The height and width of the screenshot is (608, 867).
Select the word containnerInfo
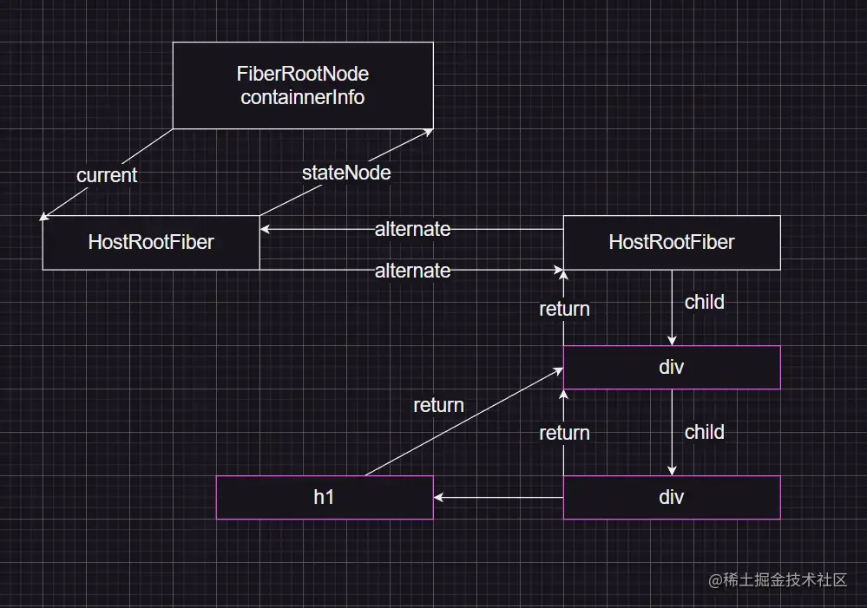coord(303,96)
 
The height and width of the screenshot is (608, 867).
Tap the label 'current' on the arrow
coord(107,175)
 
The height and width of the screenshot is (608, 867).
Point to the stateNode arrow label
coord(346,173)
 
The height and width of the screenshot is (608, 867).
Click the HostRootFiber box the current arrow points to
coord(151,242)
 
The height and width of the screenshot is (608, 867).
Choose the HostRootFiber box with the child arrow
coord(672,242)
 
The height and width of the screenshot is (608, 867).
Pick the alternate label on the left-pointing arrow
coord(412,230)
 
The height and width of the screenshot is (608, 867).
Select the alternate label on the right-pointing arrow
coord(412,271)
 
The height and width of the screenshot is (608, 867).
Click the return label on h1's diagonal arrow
coord(438,405)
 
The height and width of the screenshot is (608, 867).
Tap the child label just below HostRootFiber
coord(704,303)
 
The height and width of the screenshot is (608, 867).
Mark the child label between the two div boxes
coord(704,432)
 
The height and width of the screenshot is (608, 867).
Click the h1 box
coord(324,497)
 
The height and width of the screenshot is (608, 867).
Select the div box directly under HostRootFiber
coord(672,367)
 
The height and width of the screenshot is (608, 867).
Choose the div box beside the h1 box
coord(672,497)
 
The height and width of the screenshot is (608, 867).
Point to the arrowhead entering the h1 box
coord(439,498)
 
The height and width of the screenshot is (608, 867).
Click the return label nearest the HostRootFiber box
coord(564,309)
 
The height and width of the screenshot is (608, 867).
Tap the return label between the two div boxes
coord(564,433)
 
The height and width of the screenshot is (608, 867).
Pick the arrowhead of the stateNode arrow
coord(429,131)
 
